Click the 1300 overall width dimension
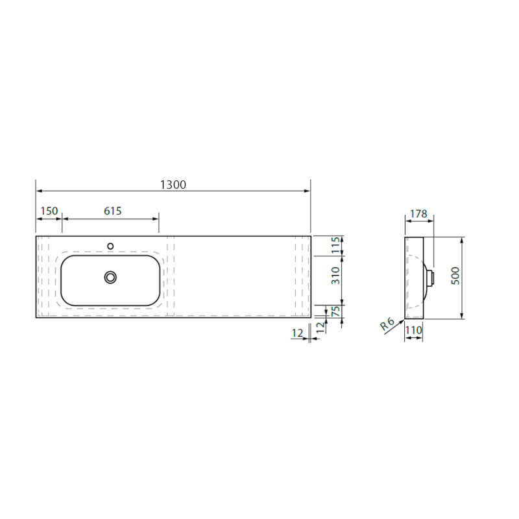[x=173, y=184]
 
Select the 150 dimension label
[x=49, y=211]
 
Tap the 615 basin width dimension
[x=112, y=211]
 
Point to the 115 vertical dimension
[x=335, y=246]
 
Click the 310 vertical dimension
[x=335, y=280]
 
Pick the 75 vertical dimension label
[x=335, y=311]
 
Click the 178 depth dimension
[x=418, y=213]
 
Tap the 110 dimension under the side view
[x=413, y=330]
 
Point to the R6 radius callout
[x=387, y=324]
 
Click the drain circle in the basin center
[x=111, y=277]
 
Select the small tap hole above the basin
[x=110, y=246]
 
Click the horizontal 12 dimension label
[x=298, y=333]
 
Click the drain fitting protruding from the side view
[x=431, y=276]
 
